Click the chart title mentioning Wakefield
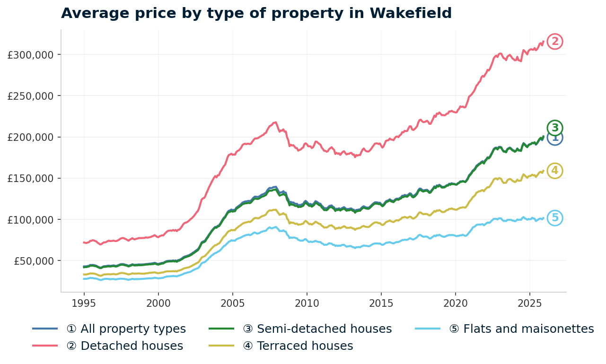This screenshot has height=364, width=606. click(x=256, y=13)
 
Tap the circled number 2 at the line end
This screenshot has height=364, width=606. click(x=555, y=42)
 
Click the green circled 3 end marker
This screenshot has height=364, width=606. click(x=555, y=128)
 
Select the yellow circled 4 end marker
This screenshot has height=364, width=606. click(x=555, y=171)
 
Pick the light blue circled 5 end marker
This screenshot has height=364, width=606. click(x=555, y=218)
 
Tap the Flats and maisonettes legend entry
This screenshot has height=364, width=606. click(x=521, y=329)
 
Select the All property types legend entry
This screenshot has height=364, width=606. click(x=126, y=329)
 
